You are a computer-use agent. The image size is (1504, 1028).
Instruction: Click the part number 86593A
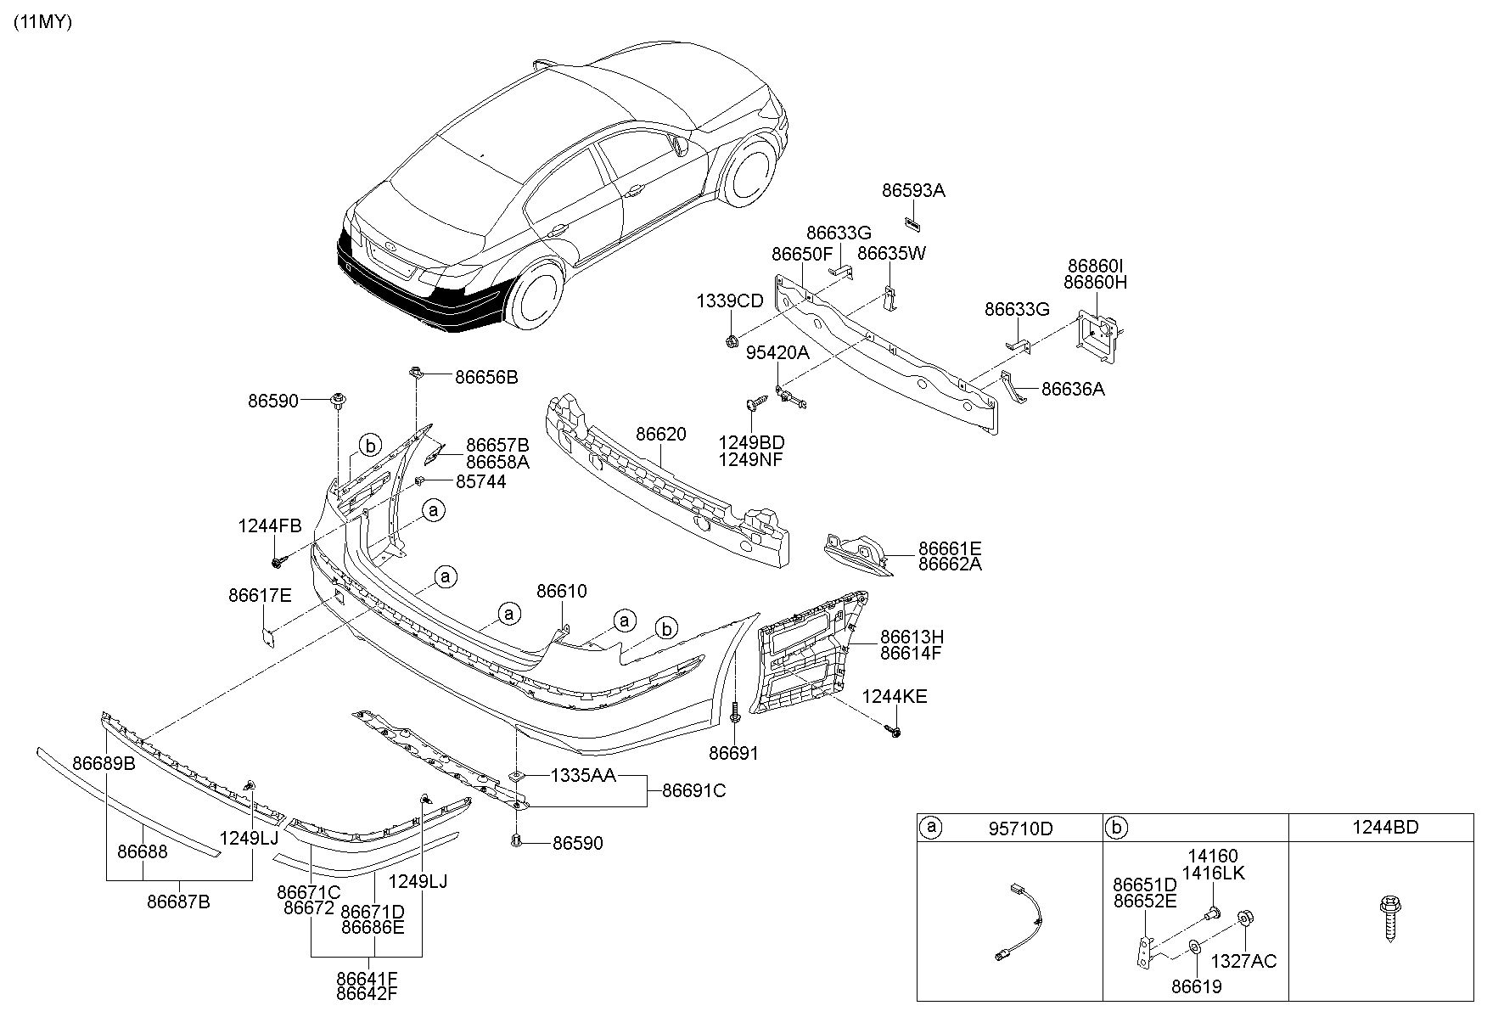point(913,191)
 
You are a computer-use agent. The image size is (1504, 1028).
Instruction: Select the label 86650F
point(802,254)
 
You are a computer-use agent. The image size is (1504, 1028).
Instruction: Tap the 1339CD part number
point(730,301)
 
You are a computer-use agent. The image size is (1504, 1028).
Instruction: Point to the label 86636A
point(1073,389)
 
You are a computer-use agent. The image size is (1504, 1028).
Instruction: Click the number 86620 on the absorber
point(661,435)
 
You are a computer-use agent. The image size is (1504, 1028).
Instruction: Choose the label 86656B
point(486,377)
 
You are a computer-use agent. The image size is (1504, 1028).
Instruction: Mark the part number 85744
point(481,482)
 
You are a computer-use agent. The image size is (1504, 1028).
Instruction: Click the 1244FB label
point(270,526)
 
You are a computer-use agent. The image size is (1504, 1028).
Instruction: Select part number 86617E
point(260,595)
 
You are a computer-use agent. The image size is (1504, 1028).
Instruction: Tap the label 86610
point(561,591)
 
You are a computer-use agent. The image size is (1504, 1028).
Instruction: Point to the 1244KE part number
point(895,697)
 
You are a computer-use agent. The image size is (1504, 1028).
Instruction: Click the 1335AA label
point(583,775)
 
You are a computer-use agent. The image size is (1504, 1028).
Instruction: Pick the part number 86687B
point(178,902)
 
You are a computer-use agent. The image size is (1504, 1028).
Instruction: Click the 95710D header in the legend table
point(1020,828)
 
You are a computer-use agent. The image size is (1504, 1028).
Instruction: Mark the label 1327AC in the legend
point(1243,961)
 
